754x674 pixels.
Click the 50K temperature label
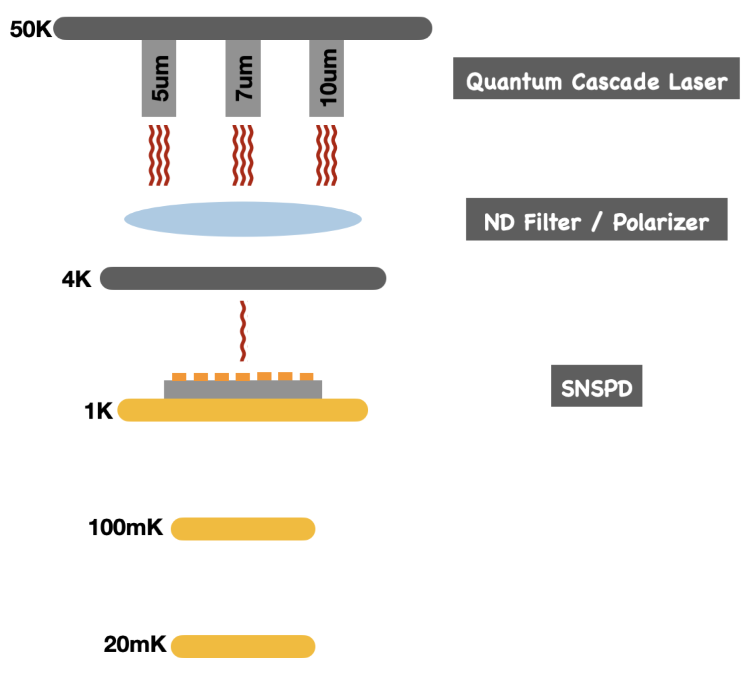tap(30, 29)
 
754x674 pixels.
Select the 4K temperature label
tap(76, 279)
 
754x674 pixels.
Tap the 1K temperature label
tap(98, 411)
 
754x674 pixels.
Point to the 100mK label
tap(125, 527)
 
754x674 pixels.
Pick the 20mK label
tap(135, 644)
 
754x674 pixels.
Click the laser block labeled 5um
tap(159, 78)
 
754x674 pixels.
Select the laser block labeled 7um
tap(243, 78)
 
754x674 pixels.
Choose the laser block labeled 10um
tap(326, 78)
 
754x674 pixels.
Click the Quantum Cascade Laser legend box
tap(596, 79)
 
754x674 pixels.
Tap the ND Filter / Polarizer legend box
tap(596, 219)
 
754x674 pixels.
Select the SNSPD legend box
tap(596, 386)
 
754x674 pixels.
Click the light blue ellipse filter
tap(242, 219)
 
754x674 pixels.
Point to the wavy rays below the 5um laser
tap(159, 155)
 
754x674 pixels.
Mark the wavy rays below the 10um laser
tap(326, 155)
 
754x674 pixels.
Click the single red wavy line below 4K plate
tap(243, 331)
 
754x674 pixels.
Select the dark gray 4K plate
tap(243, 278)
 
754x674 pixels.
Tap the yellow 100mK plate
tap(243, 529)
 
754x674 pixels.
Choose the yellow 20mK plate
tap(243, 646)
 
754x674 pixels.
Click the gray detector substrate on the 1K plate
tap(243, 390)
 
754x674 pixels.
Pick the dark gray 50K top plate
tap(243, 28)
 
